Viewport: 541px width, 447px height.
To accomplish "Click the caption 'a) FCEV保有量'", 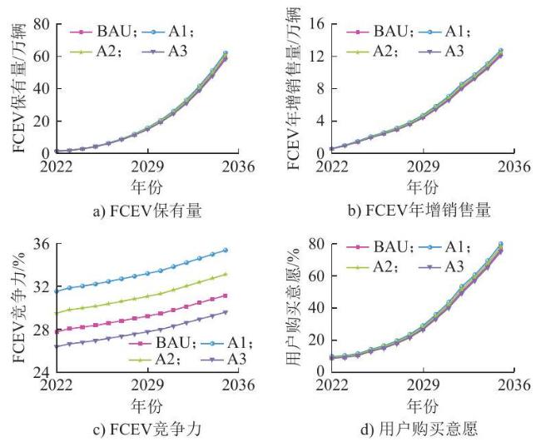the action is [147, 211].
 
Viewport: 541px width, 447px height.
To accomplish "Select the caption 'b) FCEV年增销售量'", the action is [419, 211].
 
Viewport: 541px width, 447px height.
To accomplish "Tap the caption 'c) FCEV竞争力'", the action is [147, 429].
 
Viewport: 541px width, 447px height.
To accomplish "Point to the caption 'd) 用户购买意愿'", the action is [419, 429].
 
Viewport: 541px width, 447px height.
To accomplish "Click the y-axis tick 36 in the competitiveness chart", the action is [42, 245].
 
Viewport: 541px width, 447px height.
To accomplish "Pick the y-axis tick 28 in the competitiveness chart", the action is [42, 330].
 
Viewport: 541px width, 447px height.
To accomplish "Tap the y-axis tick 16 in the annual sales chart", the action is [317, 24].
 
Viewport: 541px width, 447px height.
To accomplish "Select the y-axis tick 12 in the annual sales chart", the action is [317, 57].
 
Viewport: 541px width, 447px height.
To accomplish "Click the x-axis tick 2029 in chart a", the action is [147, 166].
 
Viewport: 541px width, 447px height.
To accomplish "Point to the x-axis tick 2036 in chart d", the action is [514, 385].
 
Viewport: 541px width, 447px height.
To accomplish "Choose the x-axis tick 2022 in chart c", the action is [57, 385].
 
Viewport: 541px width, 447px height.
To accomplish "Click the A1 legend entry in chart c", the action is [226, 343].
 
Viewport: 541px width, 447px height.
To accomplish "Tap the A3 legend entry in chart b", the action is [441, 52].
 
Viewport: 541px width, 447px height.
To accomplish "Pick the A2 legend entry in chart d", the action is [371, 267].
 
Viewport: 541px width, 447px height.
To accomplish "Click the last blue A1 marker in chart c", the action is [226, 250].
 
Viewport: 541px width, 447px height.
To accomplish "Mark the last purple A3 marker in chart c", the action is [226, 312].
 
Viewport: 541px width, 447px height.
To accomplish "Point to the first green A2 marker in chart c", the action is [57, 313].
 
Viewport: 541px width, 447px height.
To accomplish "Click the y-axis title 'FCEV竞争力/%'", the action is [19, 307].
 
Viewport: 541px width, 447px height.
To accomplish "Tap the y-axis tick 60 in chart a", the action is [42, 57].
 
